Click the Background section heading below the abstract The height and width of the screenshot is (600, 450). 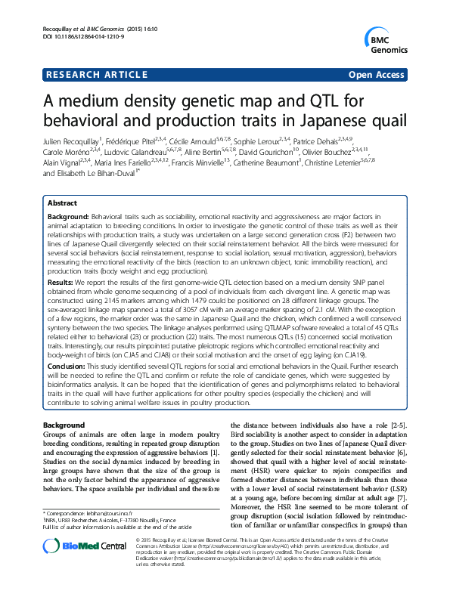tap(64, 426)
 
